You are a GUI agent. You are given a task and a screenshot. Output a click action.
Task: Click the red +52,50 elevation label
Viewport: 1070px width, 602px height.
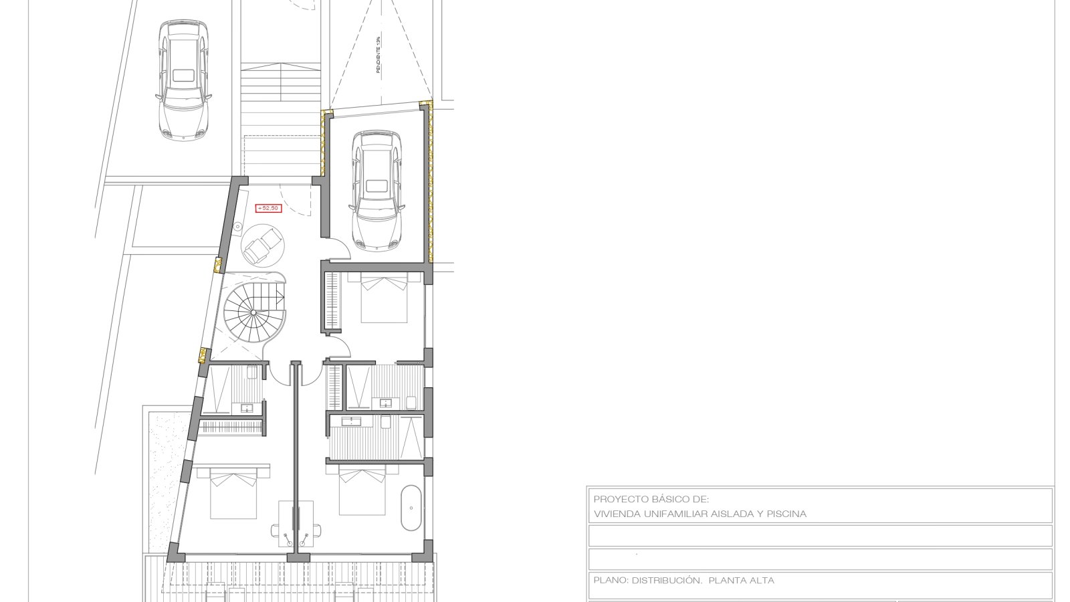[x=268, y=208]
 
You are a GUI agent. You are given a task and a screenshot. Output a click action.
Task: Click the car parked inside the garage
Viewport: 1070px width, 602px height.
[x=377, y=190]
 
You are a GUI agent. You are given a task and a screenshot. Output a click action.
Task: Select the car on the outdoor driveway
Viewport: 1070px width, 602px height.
[x=183, y=80]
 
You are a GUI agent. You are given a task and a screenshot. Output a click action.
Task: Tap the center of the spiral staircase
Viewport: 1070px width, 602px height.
[x=253, y=312]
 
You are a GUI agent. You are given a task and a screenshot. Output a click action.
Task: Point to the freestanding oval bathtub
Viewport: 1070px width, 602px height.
[x=411, y=508]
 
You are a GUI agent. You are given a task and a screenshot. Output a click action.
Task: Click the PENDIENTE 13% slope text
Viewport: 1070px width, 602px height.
[x=378, y=55]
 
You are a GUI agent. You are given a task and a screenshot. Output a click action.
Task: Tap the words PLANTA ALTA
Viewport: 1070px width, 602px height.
[x=742, y=581]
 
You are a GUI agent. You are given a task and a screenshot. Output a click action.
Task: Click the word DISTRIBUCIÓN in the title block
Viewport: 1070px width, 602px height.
[x=667, y=581]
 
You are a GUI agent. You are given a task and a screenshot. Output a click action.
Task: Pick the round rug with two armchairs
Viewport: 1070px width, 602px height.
[x=263, y=245]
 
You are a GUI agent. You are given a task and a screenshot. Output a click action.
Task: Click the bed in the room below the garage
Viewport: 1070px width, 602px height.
[x=384, y=297]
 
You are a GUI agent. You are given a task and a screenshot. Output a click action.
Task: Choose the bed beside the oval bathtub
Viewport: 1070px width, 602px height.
[x=362, y=490]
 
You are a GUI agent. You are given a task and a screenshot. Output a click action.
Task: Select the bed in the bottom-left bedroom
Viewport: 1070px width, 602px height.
[x=233, y=492]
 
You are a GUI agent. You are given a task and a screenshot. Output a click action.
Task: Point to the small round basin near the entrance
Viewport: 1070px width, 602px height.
[x=237, y=225]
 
